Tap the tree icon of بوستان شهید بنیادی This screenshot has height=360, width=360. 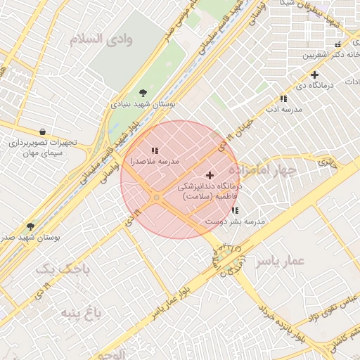[x=144, y=92]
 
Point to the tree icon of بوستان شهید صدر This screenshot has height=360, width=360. [x=30, y=227]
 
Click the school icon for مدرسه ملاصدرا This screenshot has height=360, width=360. [x=155, y=150]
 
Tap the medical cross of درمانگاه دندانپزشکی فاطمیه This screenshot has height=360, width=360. [x=210, y=174]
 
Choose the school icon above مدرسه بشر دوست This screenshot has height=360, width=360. [x=235, y=210]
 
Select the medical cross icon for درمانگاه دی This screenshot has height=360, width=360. [x=314, y=75]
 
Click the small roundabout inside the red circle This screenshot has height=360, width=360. [x=157, y=198]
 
